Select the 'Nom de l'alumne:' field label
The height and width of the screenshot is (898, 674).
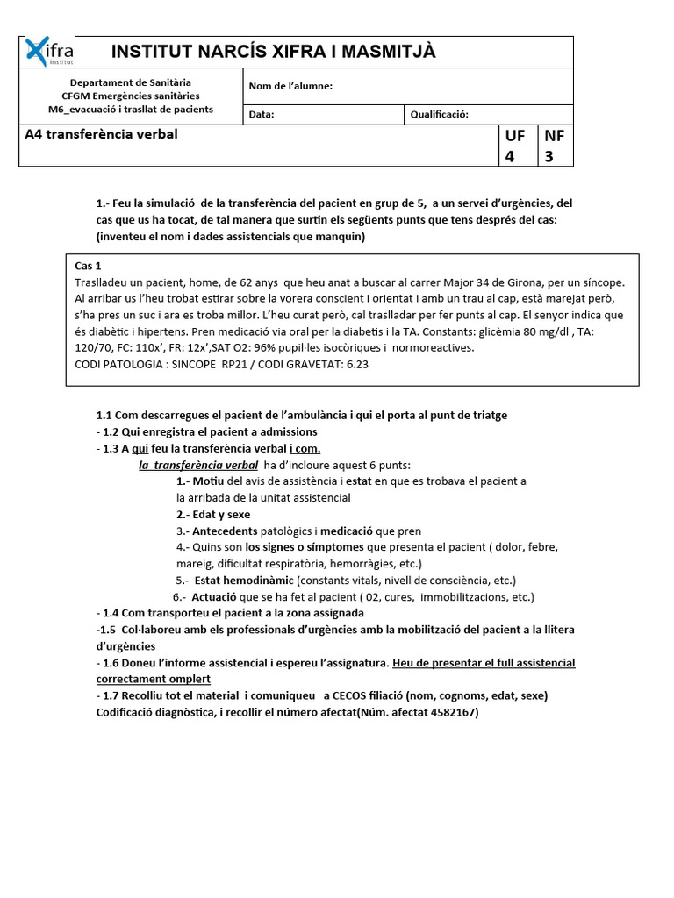(x=290, y=86)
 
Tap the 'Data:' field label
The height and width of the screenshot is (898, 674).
(x=262, y=114)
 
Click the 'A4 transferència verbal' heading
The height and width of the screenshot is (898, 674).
(x=101, y=134)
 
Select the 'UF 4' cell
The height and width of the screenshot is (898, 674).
(x=514, y=146)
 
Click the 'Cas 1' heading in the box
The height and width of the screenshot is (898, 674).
(x=88, y=266)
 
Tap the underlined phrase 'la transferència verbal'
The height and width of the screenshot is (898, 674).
(x=198, y=465)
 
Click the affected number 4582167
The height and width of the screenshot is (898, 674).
(x=445, y=712)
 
